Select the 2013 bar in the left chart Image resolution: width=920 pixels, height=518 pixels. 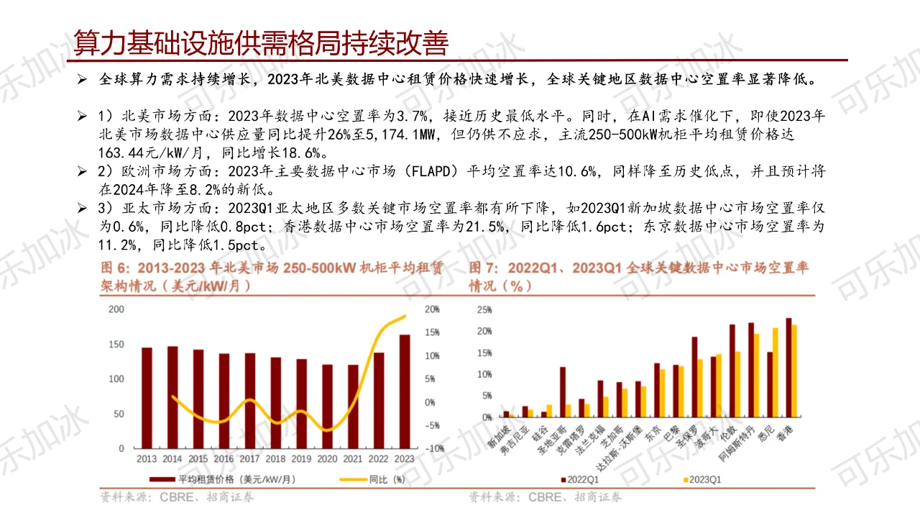point(147,397)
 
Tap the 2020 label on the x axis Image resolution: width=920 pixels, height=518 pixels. point(327,458)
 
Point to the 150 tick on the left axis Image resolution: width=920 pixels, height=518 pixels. point(116,345)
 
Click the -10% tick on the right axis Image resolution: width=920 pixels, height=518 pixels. point(433,448)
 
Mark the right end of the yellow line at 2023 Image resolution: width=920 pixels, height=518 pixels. point(405,317)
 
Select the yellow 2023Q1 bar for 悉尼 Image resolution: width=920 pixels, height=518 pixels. point(776,373)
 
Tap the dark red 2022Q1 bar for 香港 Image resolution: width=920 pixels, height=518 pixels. point(788,368)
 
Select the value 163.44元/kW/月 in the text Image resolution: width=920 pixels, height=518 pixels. point(151,152)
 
